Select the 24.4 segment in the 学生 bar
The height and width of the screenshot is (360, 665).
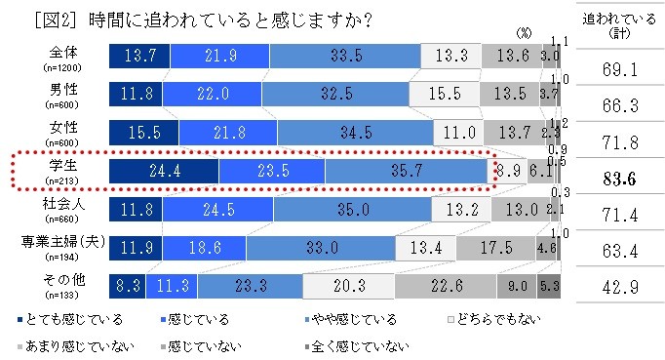(x=164, y=170)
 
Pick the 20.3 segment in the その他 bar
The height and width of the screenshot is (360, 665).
(x=348, y=285)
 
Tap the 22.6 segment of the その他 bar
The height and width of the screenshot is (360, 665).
(x=445, y=285)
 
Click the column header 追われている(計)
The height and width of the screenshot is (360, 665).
(x=621, y=25)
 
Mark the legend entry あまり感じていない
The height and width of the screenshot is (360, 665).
(x=63, y=344)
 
